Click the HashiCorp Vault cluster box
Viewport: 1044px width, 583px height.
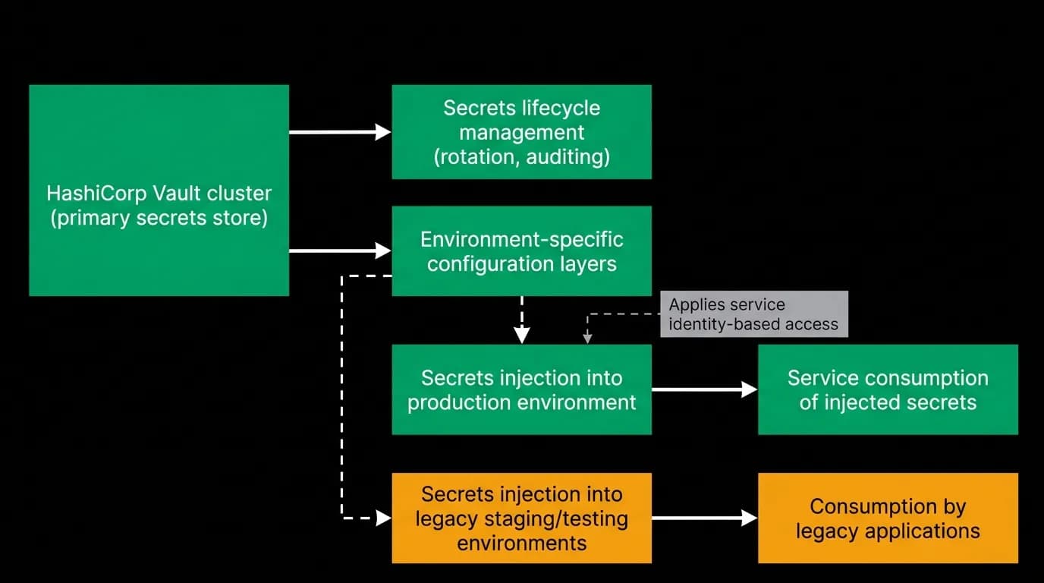159,191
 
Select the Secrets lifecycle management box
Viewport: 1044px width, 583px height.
521,132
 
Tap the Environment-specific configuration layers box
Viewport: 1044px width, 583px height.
521,251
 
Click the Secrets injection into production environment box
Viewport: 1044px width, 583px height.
521,389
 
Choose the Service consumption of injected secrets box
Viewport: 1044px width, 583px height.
888,389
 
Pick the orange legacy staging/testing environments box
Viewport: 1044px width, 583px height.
521,518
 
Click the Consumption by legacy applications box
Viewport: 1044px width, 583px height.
888,518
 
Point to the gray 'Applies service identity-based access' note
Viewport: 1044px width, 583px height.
754,314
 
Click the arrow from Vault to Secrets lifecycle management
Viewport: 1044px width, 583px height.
340,132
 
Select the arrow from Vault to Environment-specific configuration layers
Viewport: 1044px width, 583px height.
340,251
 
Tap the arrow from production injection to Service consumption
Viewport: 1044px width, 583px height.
705,389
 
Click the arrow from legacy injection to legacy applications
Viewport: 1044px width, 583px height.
705,518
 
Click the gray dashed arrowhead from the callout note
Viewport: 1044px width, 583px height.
588,339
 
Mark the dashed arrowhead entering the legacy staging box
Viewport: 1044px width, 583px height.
384,518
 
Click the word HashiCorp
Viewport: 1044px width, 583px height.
96,194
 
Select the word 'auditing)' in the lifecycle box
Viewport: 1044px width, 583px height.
568,157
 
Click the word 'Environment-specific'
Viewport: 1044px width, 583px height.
521,240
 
